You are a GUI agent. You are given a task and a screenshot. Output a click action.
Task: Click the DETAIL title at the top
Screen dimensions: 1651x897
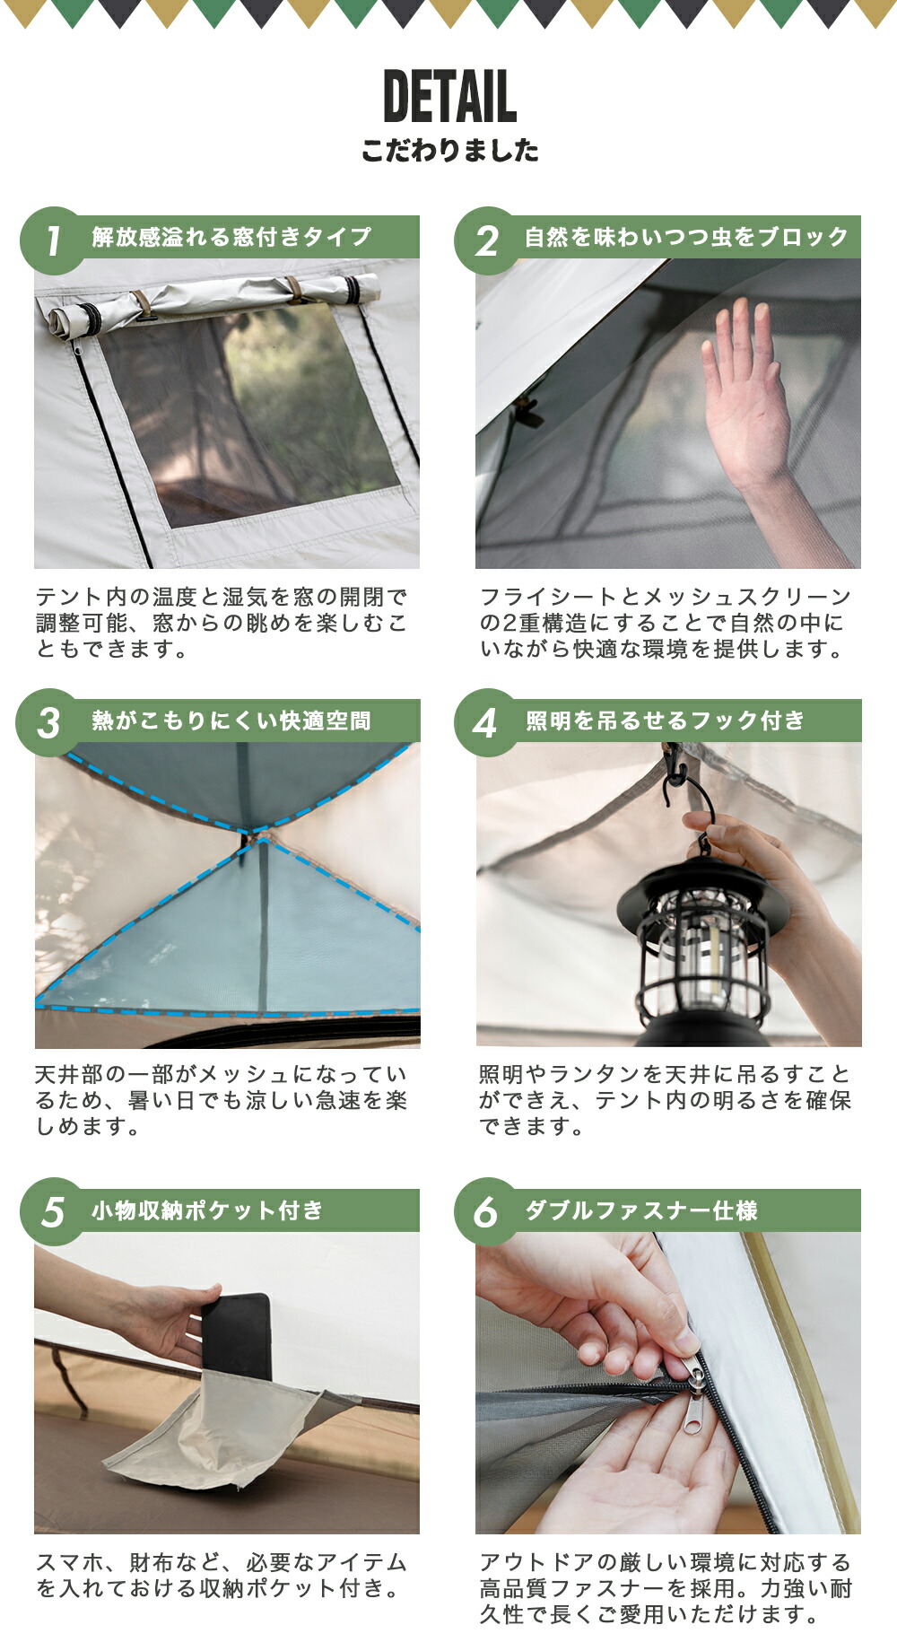tap(449, 97)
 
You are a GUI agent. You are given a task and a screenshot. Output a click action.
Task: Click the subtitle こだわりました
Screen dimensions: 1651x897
tap(449, 151)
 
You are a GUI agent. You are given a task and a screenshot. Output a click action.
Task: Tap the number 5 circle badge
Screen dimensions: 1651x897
tap(53, 1212)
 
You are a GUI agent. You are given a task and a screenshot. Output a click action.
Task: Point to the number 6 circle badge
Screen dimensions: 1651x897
tap(485, 1212)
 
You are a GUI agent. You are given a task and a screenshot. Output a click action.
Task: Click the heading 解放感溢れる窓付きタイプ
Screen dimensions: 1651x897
tap(231, 237)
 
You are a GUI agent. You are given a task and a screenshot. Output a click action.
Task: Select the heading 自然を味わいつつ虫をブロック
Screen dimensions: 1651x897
tap(686, 237)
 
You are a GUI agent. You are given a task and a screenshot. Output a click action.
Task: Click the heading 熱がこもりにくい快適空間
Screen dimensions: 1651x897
tap(231, 721)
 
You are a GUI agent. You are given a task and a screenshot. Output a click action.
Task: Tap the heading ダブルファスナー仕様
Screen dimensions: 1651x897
tap(641, 1210)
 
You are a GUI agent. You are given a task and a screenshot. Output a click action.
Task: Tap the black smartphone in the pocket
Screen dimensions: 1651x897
tap(238, 1337)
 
